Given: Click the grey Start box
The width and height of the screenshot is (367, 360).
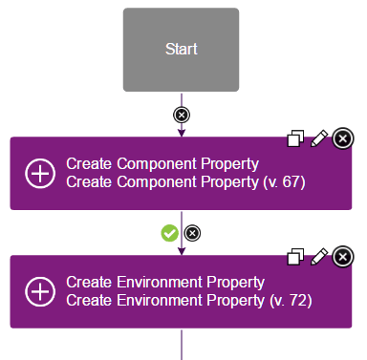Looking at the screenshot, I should (x=181, y=50).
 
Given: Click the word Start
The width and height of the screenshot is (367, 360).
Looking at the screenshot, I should (x=181, y=50).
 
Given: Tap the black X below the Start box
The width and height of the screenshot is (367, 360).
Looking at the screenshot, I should (x=181, y=115).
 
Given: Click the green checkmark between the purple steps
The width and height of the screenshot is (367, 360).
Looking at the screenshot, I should (x=170, y=233).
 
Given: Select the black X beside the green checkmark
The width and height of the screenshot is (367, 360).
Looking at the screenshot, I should (x=192, y=233).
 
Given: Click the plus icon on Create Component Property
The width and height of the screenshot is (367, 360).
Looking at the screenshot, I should (x=40, y=173).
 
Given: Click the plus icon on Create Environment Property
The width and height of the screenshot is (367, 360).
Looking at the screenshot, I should (x=40, y=291).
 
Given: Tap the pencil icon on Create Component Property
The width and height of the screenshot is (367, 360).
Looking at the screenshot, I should (x=319, y=139).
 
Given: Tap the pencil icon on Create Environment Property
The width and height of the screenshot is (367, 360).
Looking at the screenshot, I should (x=319, y=257).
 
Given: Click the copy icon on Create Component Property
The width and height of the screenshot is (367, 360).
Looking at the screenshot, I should (x=296, y=139).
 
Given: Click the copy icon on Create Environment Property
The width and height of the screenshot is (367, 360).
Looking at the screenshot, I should (x=296, y=257).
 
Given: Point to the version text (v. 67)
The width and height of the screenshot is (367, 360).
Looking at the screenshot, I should (x=283, y=181).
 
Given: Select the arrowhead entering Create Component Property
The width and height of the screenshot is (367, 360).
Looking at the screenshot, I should (x=181, y=133).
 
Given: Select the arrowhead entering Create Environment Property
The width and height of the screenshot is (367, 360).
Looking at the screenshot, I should (x=181, y=250).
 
